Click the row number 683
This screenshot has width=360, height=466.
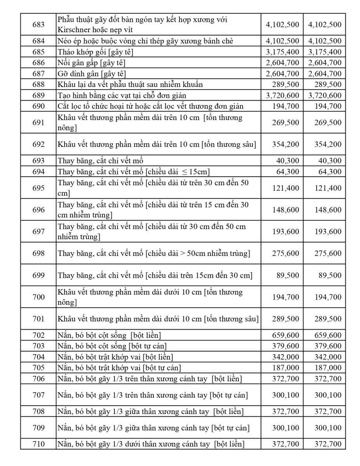coord(38,24)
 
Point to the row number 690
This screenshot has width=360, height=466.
coord(38,106)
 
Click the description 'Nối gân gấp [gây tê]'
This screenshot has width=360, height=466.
coord(92,63)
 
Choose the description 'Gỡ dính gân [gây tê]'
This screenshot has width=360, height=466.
coord(92,73)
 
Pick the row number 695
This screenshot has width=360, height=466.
coord(38,188)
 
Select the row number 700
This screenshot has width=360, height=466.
coord(38,297)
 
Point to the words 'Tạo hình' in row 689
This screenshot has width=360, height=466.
coord(71,95)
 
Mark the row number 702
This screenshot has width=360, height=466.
coord(38,335)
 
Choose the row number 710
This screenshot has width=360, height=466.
coord(38,444)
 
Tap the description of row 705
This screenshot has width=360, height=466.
coord(119,368)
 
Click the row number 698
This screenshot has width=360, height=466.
coord(38,253)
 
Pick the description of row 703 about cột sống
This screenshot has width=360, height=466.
coord(113,346)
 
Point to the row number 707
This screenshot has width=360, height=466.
coord(38,395)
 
